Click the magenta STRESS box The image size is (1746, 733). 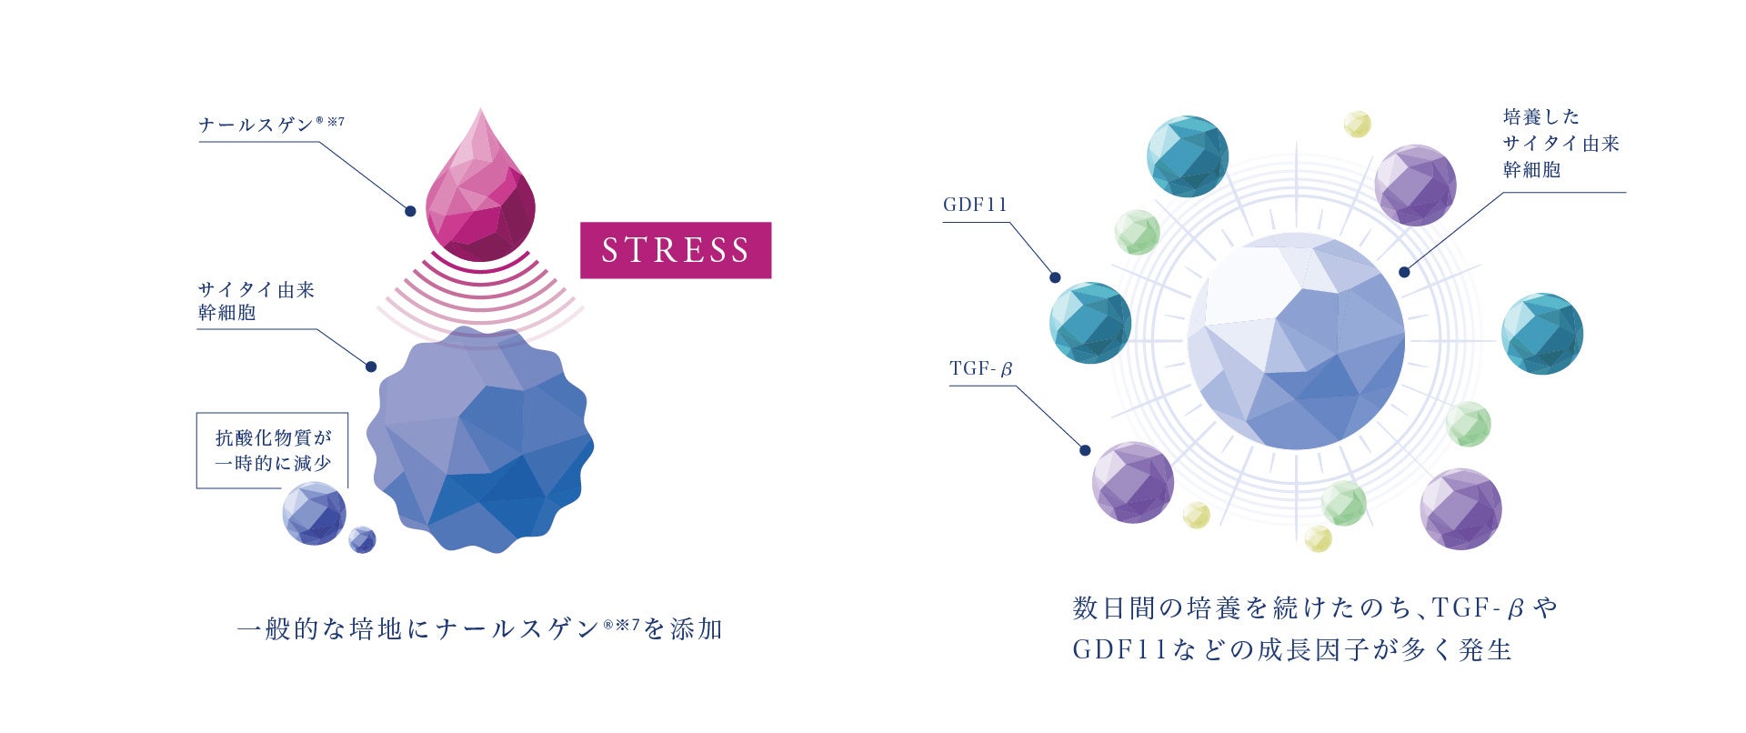tap(676, 250)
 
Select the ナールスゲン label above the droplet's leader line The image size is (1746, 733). tap(270, 125)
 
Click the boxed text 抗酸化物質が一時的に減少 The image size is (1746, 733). tap(273, 450)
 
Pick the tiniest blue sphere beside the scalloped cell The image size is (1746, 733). tap(362, 539)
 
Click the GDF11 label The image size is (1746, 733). tap(975, 205)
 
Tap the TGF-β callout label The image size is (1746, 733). tap(980, 368)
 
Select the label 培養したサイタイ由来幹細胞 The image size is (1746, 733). tap(1560, 143)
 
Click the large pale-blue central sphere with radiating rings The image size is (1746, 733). tap(1296, 341)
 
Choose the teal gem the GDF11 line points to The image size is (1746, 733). tap(1090, 323)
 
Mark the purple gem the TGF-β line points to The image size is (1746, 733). tap(1132, 482)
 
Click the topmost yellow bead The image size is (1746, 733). tap(1357, 124)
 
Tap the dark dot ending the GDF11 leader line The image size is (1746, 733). tap(1055, 277)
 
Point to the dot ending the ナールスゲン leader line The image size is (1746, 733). tap(410, 211)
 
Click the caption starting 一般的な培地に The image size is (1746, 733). tap(479, 628)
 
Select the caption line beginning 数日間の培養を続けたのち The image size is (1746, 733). tap(1315, 607)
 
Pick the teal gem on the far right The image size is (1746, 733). tap(1541, 333)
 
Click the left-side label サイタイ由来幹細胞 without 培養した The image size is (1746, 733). tap(256, 301)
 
